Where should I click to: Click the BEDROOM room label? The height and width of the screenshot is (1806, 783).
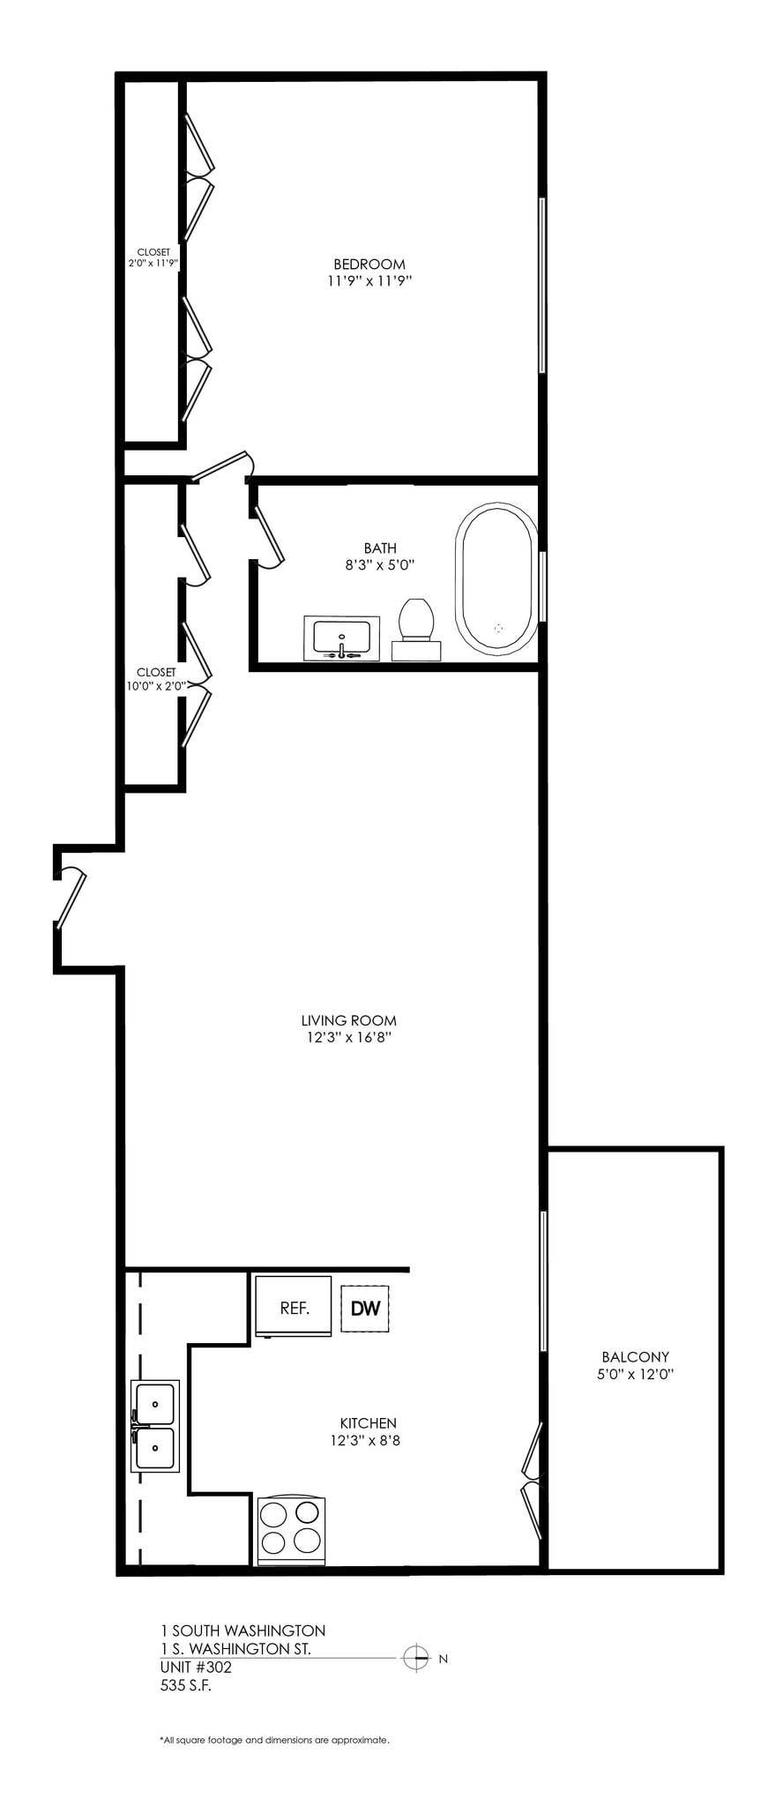(369, 264)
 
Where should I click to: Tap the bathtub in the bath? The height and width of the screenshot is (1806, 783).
(495, 578)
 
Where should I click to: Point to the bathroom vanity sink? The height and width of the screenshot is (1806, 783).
(342, 638)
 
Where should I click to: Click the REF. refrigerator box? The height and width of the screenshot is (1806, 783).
(294, 1307)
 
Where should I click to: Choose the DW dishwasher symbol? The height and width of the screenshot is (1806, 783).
(365, 1308)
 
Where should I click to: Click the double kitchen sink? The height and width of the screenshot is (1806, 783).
(155, 1425)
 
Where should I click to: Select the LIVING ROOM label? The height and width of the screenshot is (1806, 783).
(348, 1020)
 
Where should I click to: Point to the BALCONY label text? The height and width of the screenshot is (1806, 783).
(635, 1356)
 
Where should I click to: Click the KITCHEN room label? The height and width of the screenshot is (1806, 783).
(368, 1422)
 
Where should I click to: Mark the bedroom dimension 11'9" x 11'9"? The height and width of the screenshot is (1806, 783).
(369, 281)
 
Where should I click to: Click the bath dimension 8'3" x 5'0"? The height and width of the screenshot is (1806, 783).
(380, 565)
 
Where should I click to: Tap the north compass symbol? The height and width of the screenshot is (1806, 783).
(416, 1658)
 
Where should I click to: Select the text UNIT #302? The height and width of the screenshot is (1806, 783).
(196, 1667)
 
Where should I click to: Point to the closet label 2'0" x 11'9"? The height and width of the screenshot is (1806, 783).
(153, 263)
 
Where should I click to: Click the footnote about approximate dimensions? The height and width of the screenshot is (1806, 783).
(274, 1740)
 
